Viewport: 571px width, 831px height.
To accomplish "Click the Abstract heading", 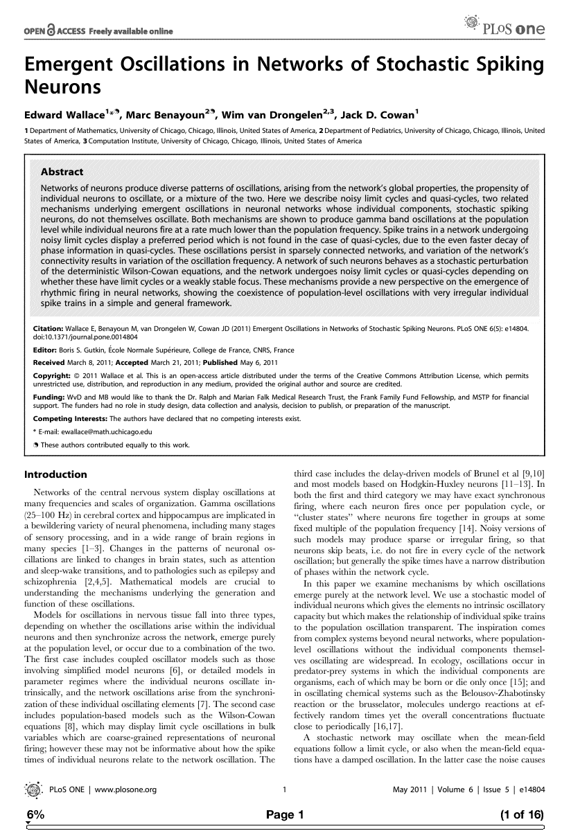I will (x=62, y=172).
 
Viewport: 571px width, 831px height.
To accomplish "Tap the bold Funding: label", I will (x=49, y=397).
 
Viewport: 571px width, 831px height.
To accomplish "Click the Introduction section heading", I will (x=55, y=475).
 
